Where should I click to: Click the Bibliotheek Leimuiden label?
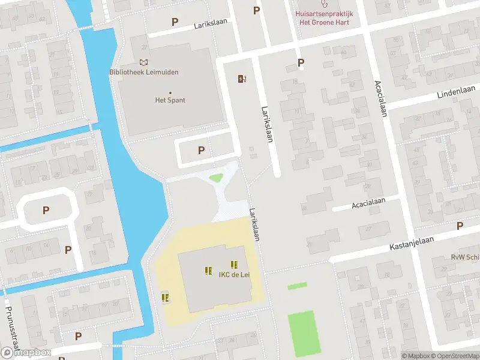point(144,72)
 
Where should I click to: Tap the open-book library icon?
point(143,62)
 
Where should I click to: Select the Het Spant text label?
point(170,100)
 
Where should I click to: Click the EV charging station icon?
point(242,79)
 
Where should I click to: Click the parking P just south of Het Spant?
point(201,151)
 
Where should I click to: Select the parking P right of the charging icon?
point(301,62)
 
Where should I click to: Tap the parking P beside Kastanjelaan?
point(460,226)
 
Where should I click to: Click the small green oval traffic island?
point(215,177)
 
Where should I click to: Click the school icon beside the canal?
point(165,297)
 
